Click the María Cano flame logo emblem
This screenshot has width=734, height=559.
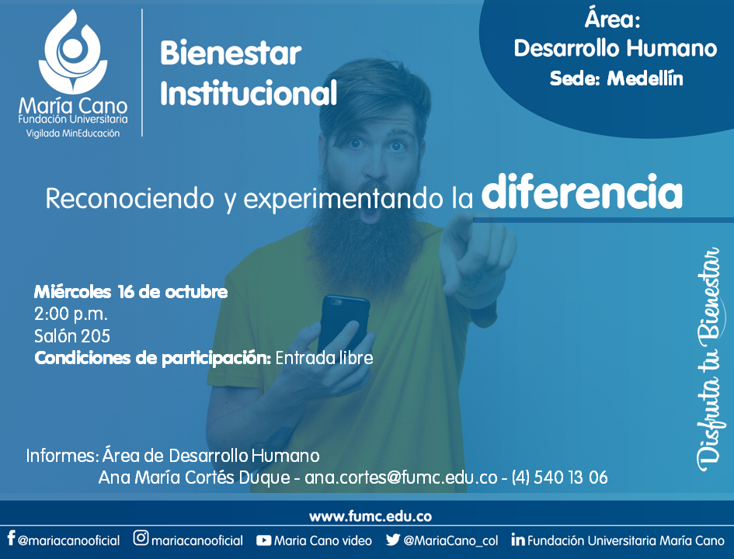(x=73, y=51)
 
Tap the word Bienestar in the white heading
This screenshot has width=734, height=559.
(x=231, y=54)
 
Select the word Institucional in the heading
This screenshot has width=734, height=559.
(x=249, y=92)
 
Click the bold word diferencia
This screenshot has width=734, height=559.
(x=582, y=192)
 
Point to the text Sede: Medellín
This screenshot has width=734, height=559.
(x=616, y=78)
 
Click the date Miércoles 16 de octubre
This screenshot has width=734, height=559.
(x=130, y=292)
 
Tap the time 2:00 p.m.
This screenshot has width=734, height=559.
(x=71, y=314)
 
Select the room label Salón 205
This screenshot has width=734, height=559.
(x=72, y=336)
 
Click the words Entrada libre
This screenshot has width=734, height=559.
(x=324, y=358)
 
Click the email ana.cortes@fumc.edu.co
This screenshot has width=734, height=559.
(x=401, y=477)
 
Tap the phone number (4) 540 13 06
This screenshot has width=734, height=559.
(x=559, y=477)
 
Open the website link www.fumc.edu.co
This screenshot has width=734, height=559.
(x=370, y=516)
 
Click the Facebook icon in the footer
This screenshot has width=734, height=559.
(x=11, y=538)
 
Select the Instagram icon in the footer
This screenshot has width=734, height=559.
(x=141, y=538)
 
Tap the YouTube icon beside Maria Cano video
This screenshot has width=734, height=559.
(x=263, y=541)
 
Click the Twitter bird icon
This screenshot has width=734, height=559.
(x=393, y=540)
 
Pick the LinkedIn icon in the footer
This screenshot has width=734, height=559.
(x=518, y=540)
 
